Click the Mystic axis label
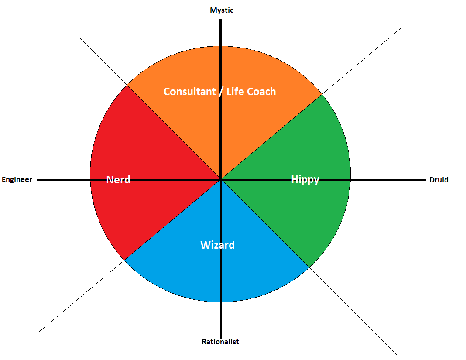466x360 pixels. pyautogui.click(x=222, y=10)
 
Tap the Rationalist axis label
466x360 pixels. pyautogui.click(x=220, y=342)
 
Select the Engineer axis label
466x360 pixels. pyautogui.click(x=17, y=179)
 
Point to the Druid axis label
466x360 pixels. pyautogui.click(x=439, y=180)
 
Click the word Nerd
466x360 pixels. pyautogui.click(x=118, y=179)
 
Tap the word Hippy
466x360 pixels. pyautogui.click(x=305, y=179)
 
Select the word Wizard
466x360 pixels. pyautogui.click(x=217, y=245)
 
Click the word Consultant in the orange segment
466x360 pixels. pyautogui.click(x=190, y=92)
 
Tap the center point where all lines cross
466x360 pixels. pyautogui.click(x=221, y=179)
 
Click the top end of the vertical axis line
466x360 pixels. pyautogui.click(x=221, y=20)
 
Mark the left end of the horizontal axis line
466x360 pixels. pyautogui.click(x=38, y=179)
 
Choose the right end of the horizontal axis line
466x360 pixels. pyautogui.click(x=425, y=179)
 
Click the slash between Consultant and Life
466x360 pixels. pyautogui.click(x=220, y=92)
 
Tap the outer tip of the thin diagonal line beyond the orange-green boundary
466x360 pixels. pyautogui.click(x=401, y=29)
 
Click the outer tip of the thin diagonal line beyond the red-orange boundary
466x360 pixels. pyautogui.click(x=80, y=38)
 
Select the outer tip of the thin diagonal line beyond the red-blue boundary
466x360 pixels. pyautogui.click(x=39, y=332)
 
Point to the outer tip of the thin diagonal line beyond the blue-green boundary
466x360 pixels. pyautogui.click(x=396, y=354)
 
